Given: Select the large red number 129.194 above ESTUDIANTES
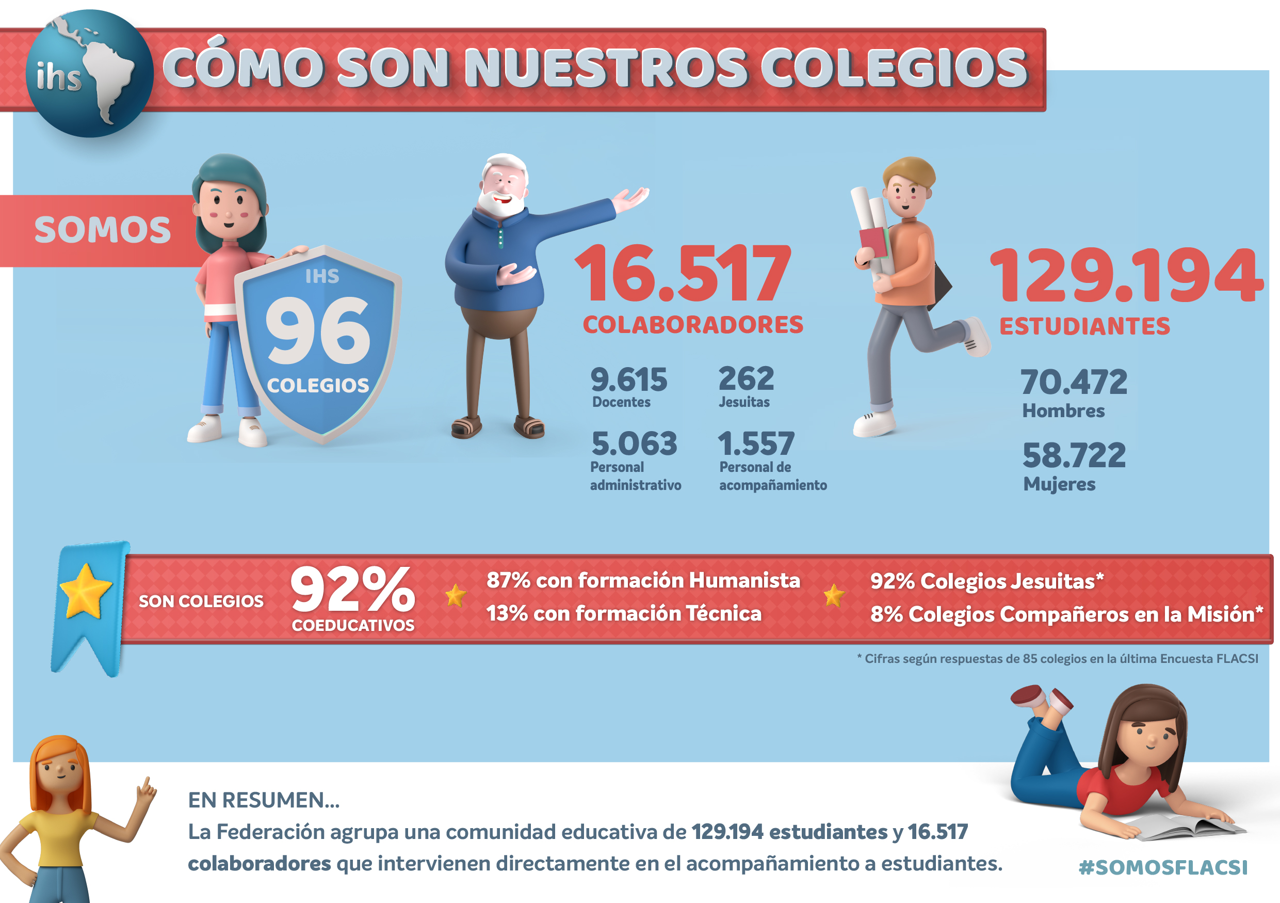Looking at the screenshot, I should pyautogui.click(x=1125, y=276).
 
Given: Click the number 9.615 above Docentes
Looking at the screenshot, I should pyautogui.click(x=628, y=380).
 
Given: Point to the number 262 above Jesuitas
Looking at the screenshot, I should pyautogui.click(x=746, y=379).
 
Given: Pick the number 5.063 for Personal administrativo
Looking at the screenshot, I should pyautogui.click(x=634, y=444).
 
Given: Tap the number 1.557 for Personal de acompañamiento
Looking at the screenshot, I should pyautogui.click(x=755, y=444).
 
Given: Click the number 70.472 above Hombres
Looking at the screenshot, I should pyautogui.click(x=1073, y=382).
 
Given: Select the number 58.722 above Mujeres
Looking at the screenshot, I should pyautogui.click(x=1074, y=455).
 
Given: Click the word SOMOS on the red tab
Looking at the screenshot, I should pyautogui.click(x=103, y=230).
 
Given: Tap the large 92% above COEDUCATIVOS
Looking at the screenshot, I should pyautogui.click(x=352, y=590).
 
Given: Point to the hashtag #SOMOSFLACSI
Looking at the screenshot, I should pyautogui.click(x=1162, y=867).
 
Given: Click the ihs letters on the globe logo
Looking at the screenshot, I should pyautogui.click(x=58, y=76).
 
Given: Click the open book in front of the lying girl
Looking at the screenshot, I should pyautogui.click(x=1182, y=827).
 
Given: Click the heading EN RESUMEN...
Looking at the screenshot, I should pyautogui.click(x=263, y=800).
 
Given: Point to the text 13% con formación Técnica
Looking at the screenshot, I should pyautogui.click(x=623, y=613).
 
